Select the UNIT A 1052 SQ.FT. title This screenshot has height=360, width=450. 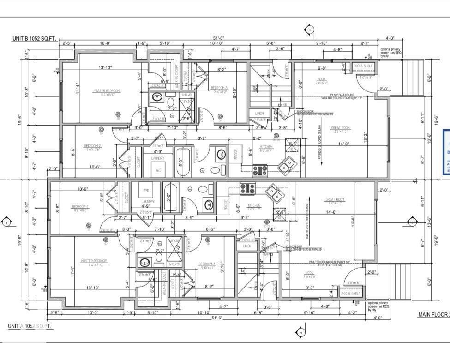(30, 326)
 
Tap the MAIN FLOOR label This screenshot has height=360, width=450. (433, 314)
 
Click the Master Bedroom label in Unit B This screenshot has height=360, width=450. (107, 90)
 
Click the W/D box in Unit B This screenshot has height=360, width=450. (158, 170)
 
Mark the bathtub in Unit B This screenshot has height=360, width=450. (182, 162)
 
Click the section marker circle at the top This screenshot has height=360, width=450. (309, 30)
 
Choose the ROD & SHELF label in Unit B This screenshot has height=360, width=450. (364, 66)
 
